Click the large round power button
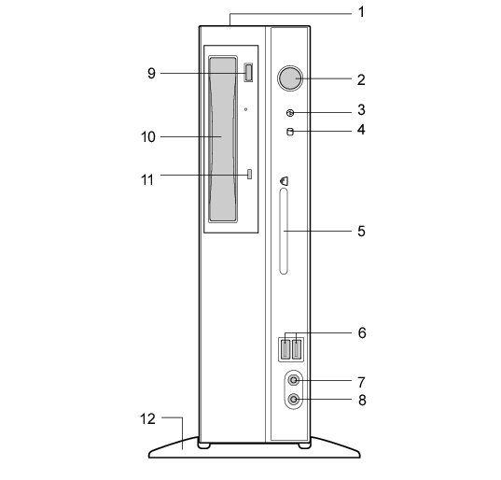290,78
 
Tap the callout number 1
361,12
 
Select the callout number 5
361,231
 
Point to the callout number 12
147,418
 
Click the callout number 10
148,137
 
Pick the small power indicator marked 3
290,113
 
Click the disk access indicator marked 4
290,132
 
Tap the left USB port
285,349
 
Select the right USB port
297,349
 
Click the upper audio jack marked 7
293,380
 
